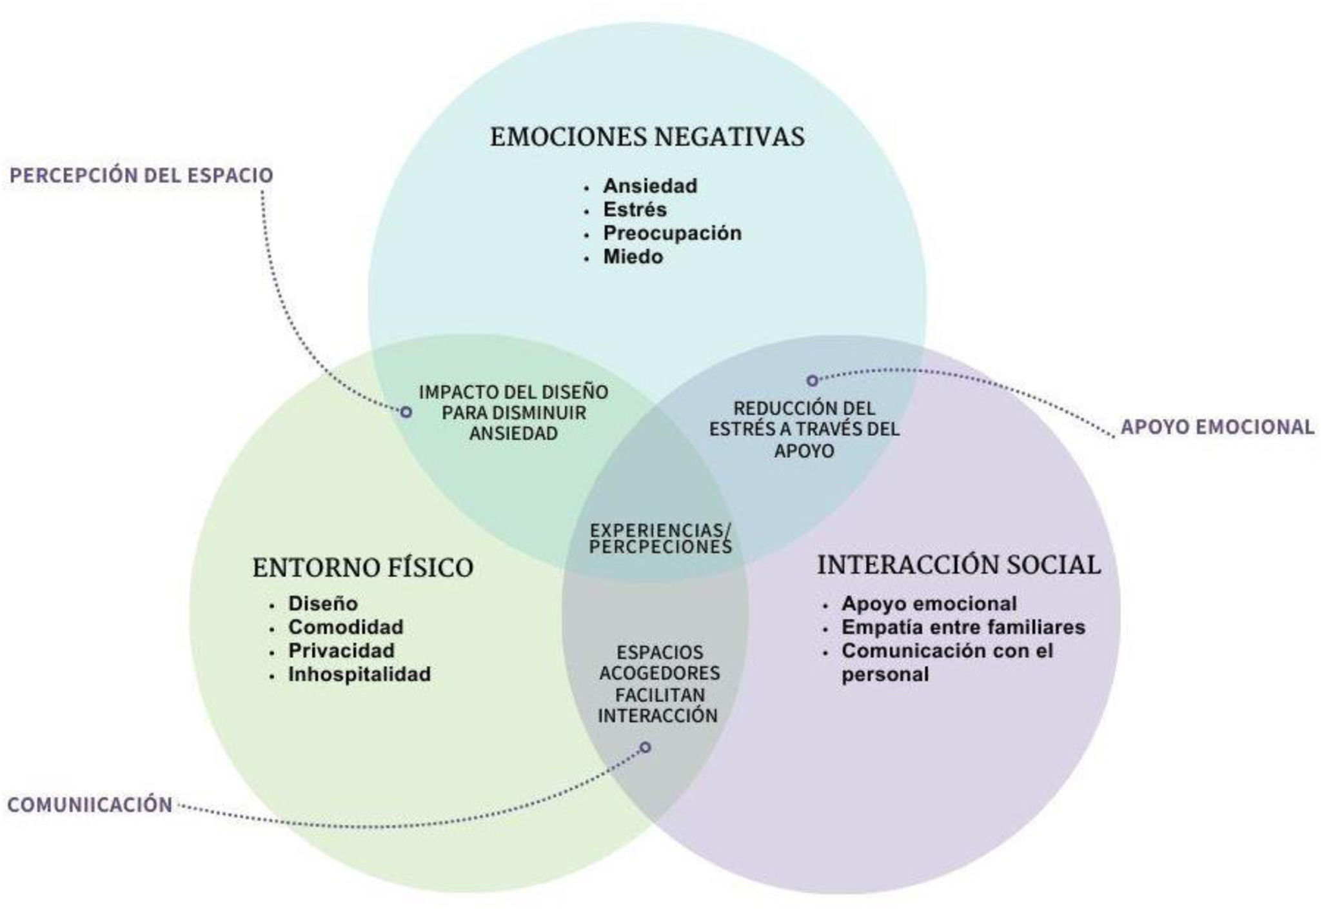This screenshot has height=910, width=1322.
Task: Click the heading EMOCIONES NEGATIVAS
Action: (x=647, y=137)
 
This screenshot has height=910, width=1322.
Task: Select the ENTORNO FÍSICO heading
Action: (x=363, y=568)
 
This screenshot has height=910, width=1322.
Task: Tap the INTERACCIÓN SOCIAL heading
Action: (x=959, y=565)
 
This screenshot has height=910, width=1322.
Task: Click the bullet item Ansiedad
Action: (x=650, y=186)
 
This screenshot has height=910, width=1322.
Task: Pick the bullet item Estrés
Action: (x=635, y=210)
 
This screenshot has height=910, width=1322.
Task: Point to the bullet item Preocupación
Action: (x=672, y=233)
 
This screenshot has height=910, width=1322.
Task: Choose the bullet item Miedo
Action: (x=633, y=257)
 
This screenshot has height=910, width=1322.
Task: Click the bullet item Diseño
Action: (x=322, y=603)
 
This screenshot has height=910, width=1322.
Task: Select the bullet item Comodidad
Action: (x=346, y=627)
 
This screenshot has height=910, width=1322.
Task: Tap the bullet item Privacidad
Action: (x=341, y=651)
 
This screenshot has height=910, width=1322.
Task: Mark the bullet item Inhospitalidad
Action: (x=359, y=674)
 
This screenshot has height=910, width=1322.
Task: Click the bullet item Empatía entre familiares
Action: (x=963, y=627)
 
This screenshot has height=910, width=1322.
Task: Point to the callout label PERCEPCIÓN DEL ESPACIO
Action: (x=141, y=176)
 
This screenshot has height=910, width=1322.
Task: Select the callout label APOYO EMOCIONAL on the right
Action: (x=1217, y=427)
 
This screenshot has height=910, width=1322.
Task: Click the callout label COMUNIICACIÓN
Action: (x=90, y=805)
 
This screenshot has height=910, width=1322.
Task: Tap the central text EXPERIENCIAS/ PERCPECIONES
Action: (x=660, y=539)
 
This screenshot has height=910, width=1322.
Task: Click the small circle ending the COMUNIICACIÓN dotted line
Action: (x=645, y=747)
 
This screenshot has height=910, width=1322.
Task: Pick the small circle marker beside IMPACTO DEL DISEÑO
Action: (x=406, y=412)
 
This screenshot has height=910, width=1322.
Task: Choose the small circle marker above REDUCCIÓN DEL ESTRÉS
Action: (x=813, y=381)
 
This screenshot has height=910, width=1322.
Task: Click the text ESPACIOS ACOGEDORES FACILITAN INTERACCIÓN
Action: (x=658, y=684)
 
